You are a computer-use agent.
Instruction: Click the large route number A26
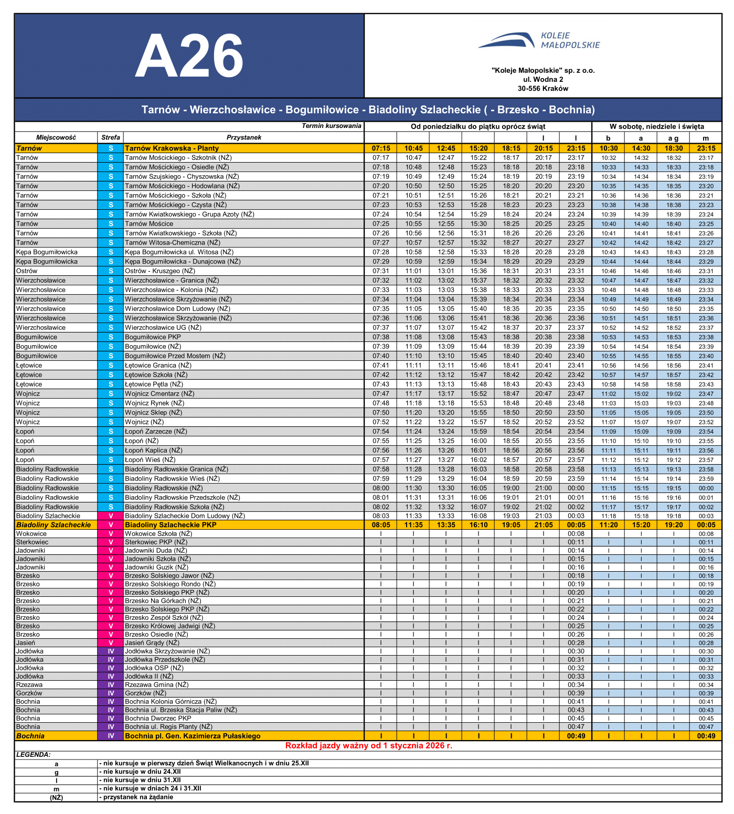click(189, 56)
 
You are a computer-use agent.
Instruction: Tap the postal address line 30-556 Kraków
click(542, 89)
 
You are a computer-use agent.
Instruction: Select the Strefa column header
click(111, 137)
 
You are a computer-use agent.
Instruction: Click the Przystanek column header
click(243, 137)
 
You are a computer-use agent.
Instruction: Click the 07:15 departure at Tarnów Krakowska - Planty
click(381, 148)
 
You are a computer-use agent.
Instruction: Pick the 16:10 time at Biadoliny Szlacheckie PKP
click(478, 525)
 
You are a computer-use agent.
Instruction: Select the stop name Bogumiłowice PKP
click(153, 337)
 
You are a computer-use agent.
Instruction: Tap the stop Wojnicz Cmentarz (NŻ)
click(159, 394)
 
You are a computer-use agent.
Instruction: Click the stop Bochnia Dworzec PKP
click(158, 719)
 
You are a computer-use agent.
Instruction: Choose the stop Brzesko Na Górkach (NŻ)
click(163, 601)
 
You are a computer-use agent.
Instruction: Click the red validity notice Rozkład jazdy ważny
click(368, 746)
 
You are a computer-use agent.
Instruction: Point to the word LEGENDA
click(33, 755)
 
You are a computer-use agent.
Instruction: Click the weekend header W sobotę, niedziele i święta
click(656, 126)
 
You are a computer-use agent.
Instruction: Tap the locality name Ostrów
click(27, 271)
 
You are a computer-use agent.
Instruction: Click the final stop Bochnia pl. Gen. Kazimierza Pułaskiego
click(193, 736)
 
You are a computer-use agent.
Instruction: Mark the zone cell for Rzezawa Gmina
click(111, 685)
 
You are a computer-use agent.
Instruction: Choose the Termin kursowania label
click(331, 126)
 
